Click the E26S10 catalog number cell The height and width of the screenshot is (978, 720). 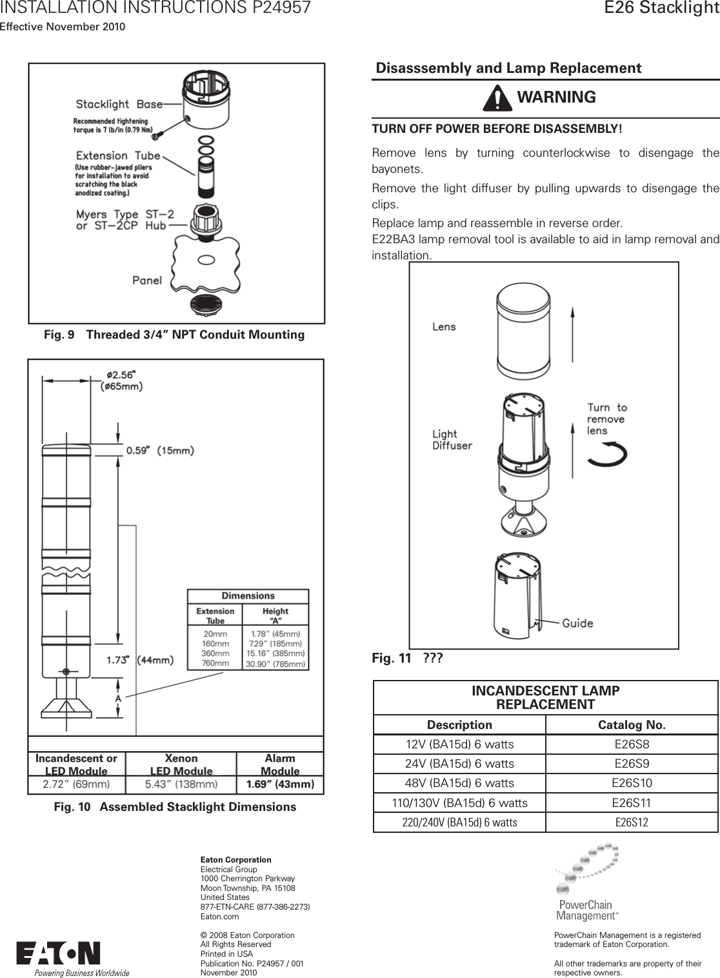(x=632, y=783)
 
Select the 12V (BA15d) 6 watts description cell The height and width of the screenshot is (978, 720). (x=459, y=744)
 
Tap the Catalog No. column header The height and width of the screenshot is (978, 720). (x=632, y=725)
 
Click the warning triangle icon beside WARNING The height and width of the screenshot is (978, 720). (x=497, y=98)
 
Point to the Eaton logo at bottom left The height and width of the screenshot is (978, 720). (x=58, y=954)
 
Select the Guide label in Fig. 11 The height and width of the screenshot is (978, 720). (x=577, y=623)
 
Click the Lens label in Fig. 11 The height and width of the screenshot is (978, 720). (x=444, y=327)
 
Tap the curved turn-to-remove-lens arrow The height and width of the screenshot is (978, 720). (x=608, y=454)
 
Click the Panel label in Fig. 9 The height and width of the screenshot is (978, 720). (x=147, y=280)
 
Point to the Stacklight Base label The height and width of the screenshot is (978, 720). (x=119, y=105)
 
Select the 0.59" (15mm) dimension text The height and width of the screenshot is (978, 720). (x=159, y=450)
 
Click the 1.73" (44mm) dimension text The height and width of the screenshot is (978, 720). (x=139, y=660)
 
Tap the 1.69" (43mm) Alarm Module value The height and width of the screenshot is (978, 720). (x=280, y=785)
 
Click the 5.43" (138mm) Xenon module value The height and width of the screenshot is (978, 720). (x=181, y=785)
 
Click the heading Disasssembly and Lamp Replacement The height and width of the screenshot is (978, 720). (x=508, y=68)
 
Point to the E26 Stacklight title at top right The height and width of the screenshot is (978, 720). (x=661, y=8)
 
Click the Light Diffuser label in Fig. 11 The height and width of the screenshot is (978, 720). (x=452, y=439)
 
